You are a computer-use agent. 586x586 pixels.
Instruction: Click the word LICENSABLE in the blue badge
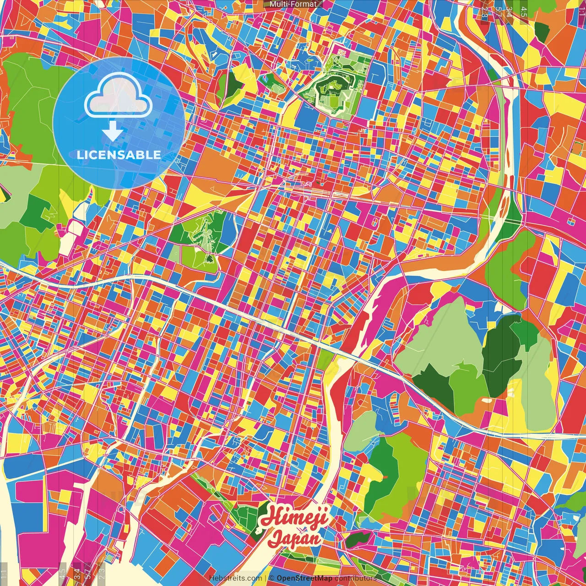[119, 155]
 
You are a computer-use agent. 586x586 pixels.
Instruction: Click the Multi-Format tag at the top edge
[293, 4]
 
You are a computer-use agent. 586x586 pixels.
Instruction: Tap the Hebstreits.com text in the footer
[235, 578]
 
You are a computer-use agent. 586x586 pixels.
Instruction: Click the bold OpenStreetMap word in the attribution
[304, 578]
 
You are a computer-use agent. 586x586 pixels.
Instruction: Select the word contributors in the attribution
[355, 578]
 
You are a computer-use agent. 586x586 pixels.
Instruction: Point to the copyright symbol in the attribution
[271, 578]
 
